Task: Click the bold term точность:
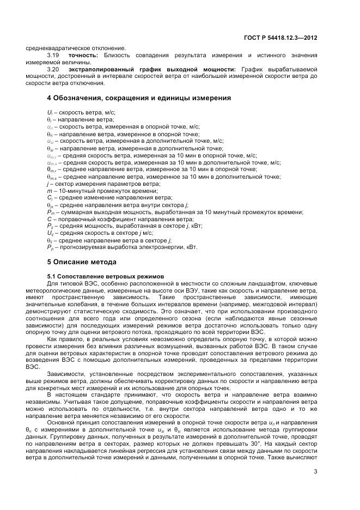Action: [83, 55]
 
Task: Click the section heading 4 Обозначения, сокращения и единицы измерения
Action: [139, 98]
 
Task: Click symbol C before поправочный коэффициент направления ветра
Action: [49, 218]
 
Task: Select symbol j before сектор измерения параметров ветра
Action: [48, 184]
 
